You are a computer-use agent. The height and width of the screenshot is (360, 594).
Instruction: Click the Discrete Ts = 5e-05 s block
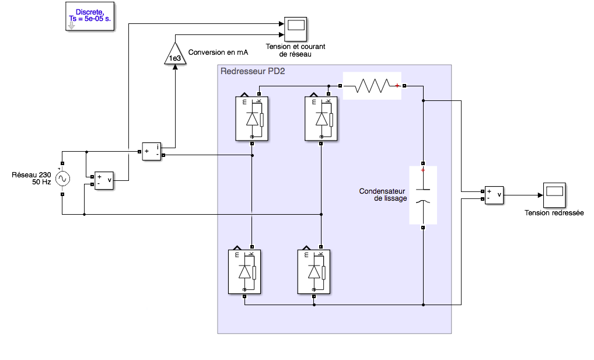tap(90, 16)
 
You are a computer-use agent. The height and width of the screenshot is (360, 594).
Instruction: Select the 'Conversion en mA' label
tap(218, 53)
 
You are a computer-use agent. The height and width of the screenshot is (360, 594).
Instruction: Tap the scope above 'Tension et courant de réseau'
tap(295, 29)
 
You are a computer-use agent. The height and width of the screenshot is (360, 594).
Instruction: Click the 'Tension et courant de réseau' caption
tap(295, 50)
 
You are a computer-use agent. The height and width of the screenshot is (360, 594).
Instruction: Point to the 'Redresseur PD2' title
tap(253, 71)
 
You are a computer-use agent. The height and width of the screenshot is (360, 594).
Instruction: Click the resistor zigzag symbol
tap(372, 86)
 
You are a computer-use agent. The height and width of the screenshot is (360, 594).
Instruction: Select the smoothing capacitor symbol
tap(423, 195)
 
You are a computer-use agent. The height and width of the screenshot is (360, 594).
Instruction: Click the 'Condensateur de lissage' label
tap(383, 195)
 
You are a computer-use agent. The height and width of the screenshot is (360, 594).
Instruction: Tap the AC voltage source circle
tap(62, 179)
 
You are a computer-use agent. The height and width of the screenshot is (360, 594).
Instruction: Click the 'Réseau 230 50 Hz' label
tap(32, 179)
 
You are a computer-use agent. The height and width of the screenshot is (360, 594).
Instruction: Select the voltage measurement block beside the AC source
tap(104, 180)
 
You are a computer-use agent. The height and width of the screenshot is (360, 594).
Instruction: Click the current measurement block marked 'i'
tap(152, 152)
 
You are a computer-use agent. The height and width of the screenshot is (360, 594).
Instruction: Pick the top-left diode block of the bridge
tap(251, 118)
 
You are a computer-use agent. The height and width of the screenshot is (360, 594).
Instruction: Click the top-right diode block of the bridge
tap(321, 118)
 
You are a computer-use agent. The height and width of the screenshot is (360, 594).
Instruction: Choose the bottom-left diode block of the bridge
tap(244, 272)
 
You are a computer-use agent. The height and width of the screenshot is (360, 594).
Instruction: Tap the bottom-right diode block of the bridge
tap(314, 272)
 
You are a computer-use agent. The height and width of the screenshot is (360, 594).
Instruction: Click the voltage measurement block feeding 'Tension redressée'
tap(494, 195)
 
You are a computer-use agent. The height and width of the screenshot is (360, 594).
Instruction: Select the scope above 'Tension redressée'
tap(554, 195)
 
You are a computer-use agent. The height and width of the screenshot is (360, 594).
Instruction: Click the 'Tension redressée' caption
tap(554, 213)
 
